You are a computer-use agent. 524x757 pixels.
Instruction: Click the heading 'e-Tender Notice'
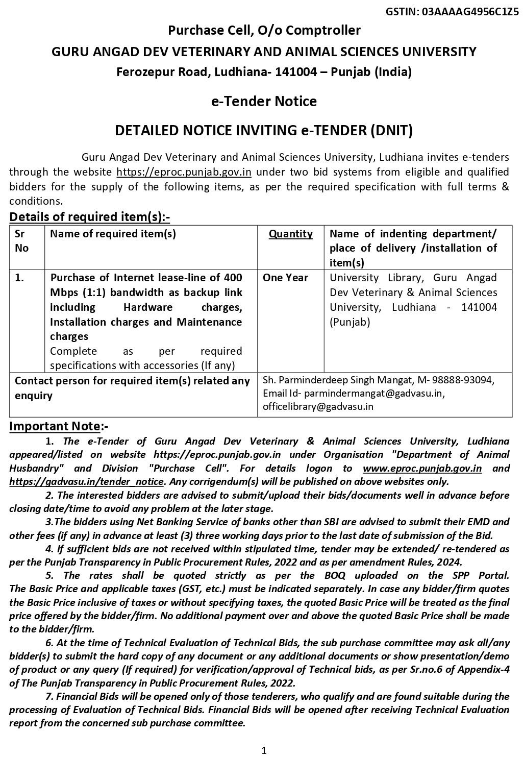[x=264, y=101]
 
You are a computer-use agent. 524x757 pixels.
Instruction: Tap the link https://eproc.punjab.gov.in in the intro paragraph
[x=184, y=172]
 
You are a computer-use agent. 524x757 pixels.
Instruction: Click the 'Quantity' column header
[x=291, y=234]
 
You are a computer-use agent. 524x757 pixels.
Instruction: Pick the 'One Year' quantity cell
[x=285, y=278]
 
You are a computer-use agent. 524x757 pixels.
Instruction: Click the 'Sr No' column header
[x=22, y=241]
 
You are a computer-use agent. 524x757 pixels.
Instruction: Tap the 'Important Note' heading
[x=55, y=426]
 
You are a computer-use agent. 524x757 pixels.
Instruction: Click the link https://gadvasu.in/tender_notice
[x=86, y=481]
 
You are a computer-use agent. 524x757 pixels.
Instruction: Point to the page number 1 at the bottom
[x=263, y=750]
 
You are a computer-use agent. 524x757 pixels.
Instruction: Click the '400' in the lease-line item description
[x=233, y=278]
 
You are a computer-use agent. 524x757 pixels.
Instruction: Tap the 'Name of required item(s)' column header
[x=113, y=234]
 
